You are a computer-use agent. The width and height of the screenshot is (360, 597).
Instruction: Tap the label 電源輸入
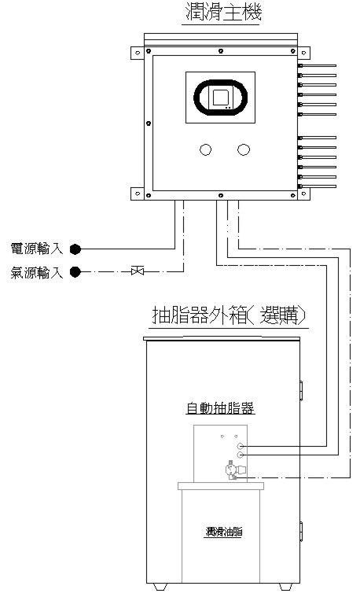pos(36,249)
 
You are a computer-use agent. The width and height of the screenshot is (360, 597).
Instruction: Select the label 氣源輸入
pos(36,272)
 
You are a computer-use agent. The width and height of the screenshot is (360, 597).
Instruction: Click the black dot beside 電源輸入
pos(75,249)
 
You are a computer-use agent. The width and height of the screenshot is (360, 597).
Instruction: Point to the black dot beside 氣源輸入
pos(75,272)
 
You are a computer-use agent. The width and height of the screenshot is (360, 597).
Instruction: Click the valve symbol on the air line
pos(138,271)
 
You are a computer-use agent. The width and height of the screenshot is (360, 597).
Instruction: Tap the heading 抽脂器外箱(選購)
pos(229,316)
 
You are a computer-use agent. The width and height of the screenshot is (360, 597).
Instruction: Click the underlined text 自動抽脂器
pos(220,408)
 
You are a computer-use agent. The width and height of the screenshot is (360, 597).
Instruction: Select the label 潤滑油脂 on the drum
pos(224,532)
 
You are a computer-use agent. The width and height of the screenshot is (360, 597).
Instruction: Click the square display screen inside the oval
pos(221,98)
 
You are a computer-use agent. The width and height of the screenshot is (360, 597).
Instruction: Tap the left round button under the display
pos(205,149)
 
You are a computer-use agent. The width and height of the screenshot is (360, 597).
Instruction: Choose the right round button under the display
pos(244,149)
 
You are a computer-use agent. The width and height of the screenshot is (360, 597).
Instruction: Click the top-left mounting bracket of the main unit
pos(138,53)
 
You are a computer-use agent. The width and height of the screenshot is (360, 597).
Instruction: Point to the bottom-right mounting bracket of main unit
pos(303,193)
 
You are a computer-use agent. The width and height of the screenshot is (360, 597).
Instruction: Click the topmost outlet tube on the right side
pos(317,65)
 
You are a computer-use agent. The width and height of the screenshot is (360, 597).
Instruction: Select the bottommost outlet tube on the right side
pos(317,186)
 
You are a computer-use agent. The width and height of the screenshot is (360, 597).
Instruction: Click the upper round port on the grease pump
pos(240,446)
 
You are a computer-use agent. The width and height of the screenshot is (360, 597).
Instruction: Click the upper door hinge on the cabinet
pos(301,391)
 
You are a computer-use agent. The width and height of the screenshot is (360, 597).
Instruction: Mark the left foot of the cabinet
pos(160,587)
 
